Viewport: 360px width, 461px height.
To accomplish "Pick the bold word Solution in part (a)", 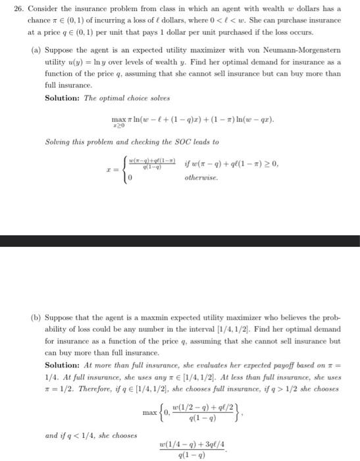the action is [x=62, y=97].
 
